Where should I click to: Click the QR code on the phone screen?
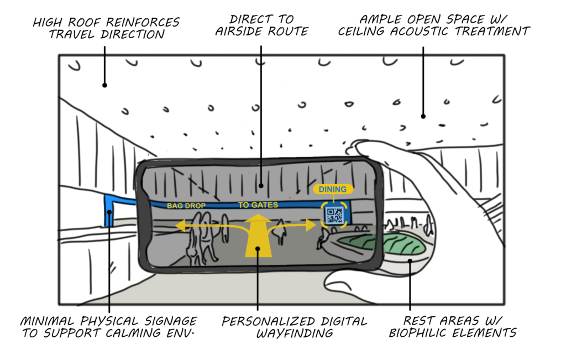click(334, 215)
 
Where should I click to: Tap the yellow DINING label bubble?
click(333, 189)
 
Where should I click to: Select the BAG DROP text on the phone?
click(186, 206)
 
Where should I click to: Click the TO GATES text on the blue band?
click(258, 205)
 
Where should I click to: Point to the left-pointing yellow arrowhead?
click(181, 226)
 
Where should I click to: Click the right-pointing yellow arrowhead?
click(311, 225)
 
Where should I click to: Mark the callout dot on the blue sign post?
click(109, 212)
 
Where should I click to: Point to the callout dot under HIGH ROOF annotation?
click(104, 85)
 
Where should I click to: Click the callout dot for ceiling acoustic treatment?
click(423, 116)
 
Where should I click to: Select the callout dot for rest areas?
click(410, 261)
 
